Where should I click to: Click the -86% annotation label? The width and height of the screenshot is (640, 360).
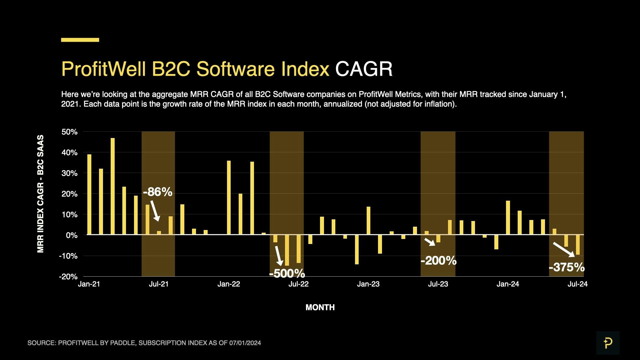pyautogui.click(x=157, y=192)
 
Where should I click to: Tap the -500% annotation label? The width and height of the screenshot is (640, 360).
pyautogui.click(x=287, y=273)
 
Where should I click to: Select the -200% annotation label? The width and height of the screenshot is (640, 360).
pyautogui.click(x=438, y=260)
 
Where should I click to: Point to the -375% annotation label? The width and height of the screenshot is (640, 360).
pyautogui.click(x=566, y=267)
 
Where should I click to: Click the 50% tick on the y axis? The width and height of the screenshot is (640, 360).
pyautogui.click(x=69, y=132)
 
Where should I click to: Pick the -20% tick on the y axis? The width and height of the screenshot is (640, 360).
pyautogui.click(x=68, y=277)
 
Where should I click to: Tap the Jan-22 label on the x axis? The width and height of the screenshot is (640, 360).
pyautogui.click(x=229, y=284)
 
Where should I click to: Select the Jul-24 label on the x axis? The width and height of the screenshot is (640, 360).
pyautogui.click(x=577, y=284)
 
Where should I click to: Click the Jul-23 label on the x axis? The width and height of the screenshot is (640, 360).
pyautogui.click(x=438, y=284)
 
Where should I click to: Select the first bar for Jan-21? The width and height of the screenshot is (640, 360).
pyautogui.click(x=89, y=194)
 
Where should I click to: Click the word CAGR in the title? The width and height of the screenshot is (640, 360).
pyautogui.click(x=364, y=69)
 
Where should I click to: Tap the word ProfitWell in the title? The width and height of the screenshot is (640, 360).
pyautogui.click(x=103, y=69)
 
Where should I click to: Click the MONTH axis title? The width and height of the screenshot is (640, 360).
pyautogui.click(x=320, y=307)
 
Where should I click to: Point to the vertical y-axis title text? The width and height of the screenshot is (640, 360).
pyautogui.click(x=40, y=194)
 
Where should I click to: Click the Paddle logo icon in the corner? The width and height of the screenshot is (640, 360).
pyautogui.click(x=608, y=343)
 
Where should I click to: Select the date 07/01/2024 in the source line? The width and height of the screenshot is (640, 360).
pyautogui.click(x=245, y=343)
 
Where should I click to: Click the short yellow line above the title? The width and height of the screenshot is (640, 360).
pyautogui.click(x=80, y=40)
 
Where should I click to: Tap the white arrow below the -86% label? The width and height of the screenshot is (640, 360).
pyautogui.click(x=155, y=211)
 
